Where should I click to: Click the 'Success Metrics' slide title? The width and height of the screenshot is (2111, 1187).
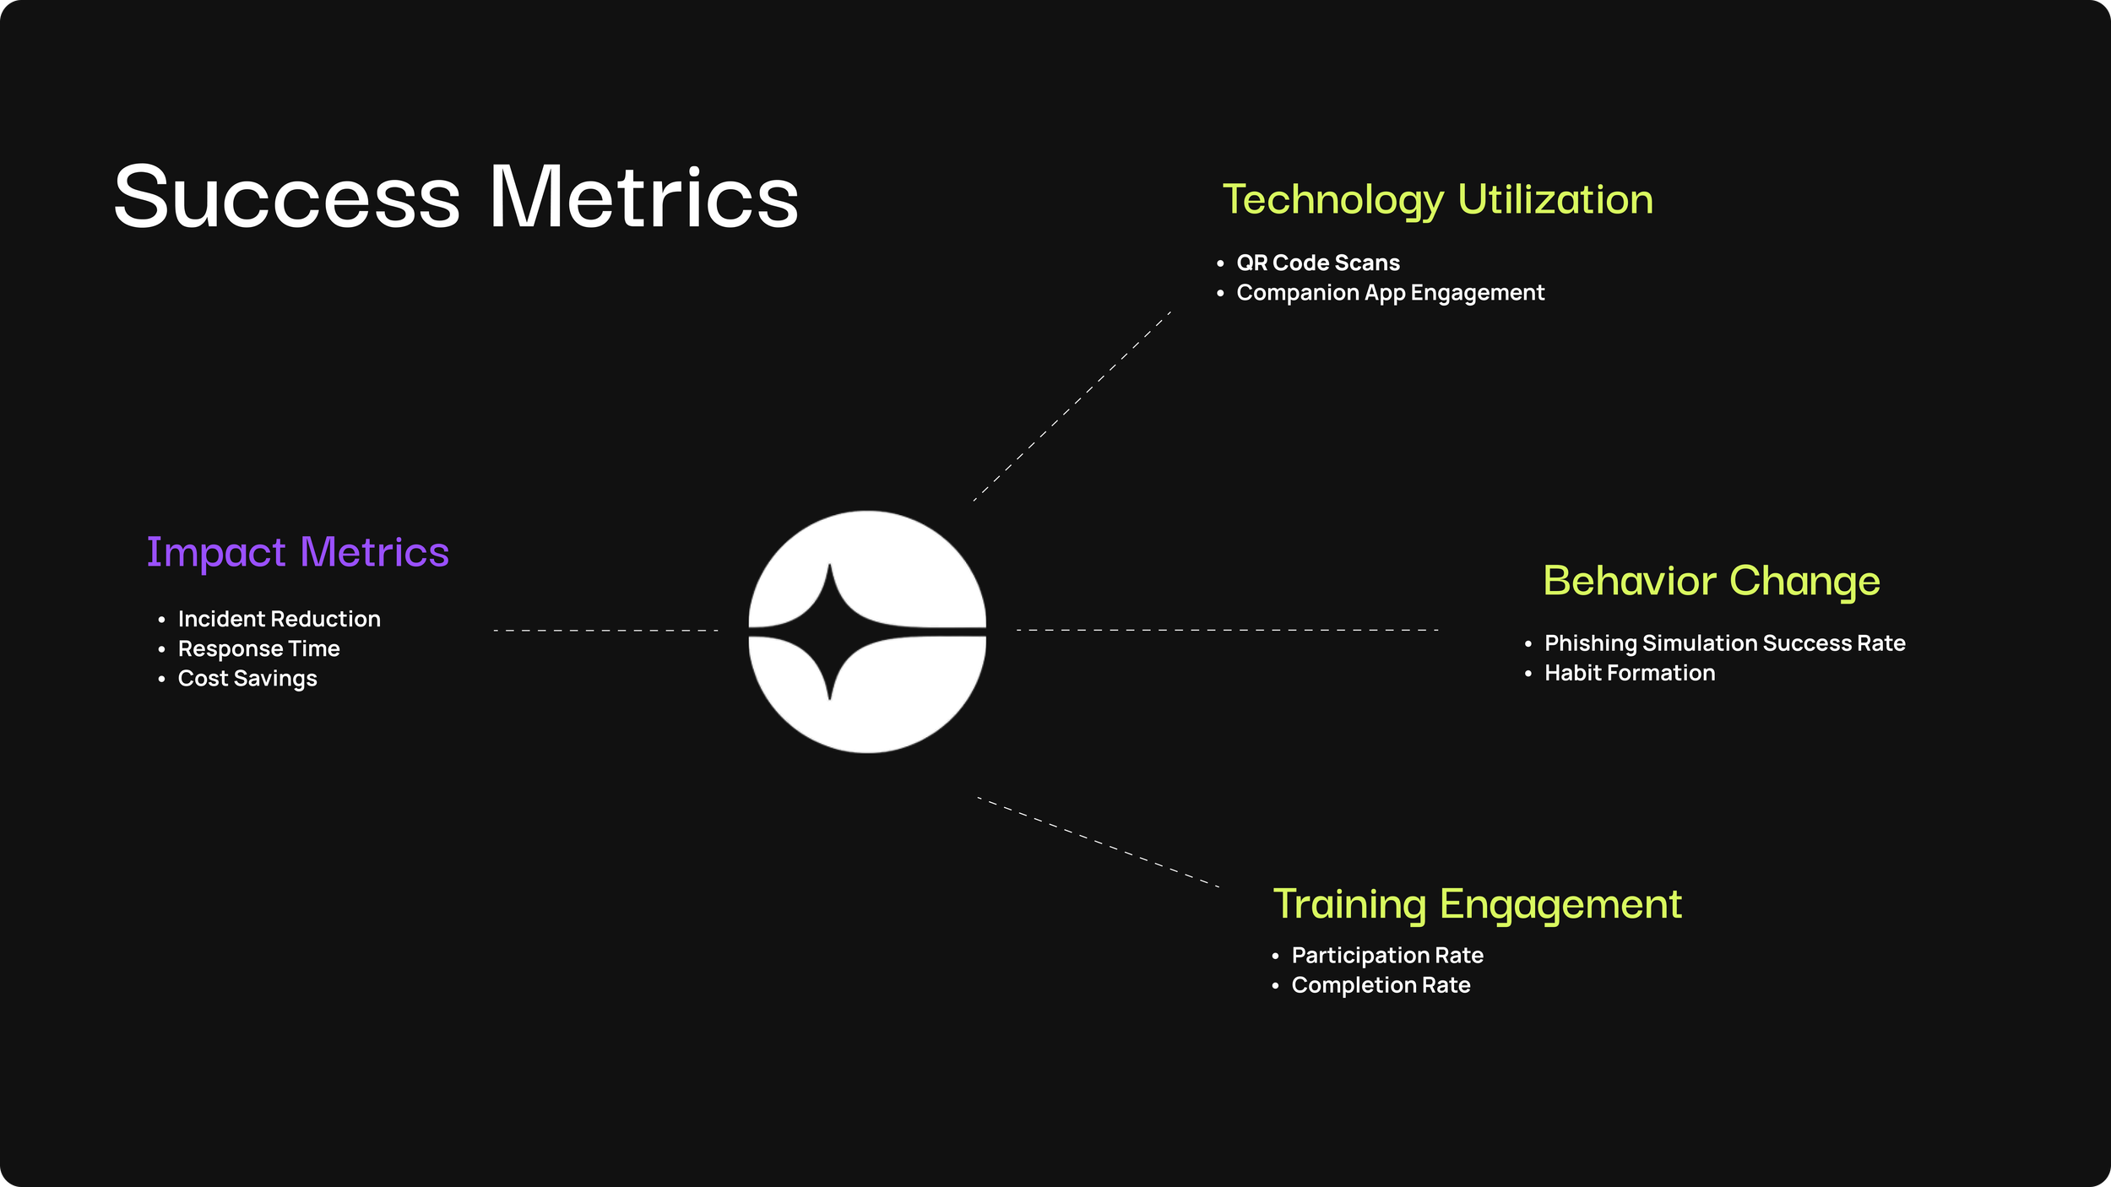456,197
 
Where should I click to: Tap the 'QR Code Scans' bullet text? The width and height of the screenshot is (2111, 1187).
1318,263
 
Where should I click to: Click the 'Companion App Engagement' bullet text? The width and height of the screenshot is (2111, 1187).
1391,293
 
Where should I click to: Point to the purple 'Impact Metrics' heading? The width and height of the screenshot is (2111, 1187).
298,553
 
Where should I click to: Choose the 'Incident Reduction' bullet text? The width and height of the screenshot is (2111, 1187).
279,619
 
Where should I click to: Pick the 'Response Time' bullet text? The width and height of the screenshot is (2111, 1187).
259,648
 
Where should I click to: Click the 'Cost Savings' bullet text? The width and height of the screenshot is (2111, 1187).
247,679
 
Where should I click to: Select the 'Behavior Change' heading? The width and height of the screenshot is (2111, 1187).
1712,582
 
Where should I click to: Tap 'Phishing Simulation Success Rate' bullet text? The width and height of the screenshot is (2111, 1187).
1725,643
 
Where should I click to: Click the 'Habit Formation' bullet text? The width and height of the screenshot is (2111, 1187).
1630,673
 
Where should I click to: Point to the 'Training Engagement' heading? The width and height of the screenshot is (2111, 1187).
1478,905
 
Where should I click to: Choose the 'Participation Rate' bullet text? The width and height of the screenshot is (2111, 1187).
1387,956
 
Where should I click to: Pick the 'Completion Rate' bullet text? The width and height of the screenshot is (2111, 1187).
1381,985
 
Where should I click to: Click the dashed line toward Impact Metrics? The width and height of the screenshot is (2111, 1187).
606,631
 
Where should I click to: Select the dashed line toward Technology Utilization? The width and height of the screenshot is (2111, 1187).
1072,407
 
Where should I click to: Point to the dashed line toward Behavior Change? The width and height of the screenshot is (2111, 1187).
1227,630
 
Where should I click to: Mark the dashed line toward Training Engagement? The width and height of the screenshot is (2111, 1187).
1098,842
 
